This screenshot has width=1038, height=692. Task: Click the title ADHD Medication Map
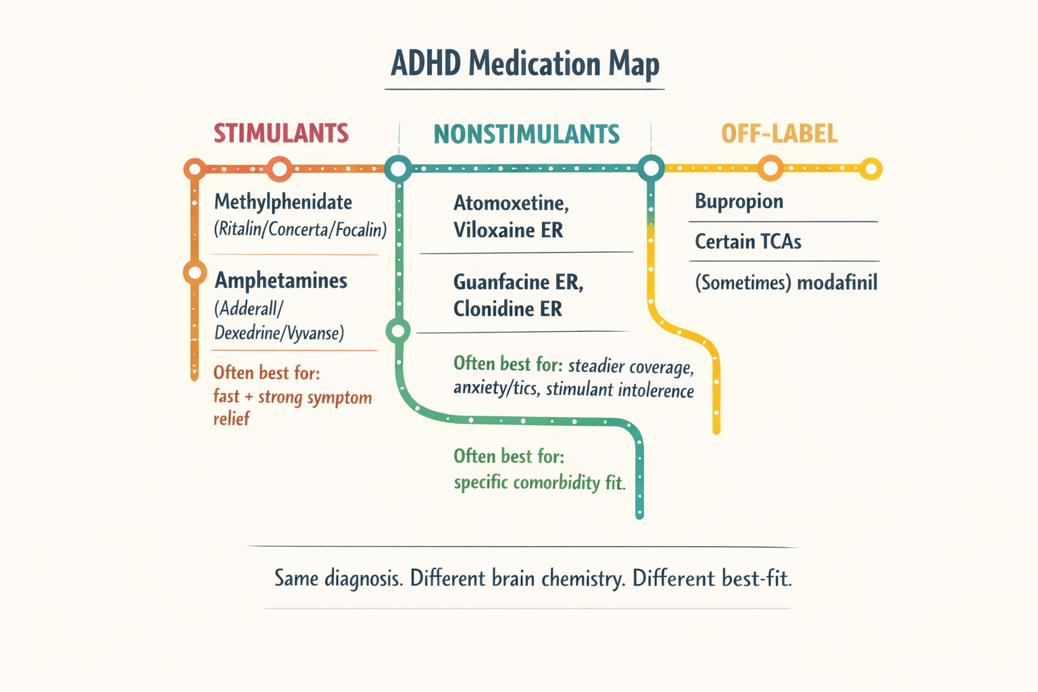pos(524,64)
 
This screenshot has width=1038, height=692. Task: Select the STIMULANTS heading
pos(281,134)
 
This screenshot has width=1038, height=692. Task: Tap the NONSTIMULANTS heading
pos(526,134)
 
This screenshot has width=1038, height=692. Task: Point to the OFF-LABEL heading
pos(779,134)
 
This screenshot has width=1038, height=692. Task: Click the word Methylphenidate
pos(283,203)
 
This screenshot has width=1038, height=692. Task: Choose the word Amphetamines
pos(281,281)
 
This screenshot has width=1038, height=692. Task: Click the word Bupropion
pos(739,202)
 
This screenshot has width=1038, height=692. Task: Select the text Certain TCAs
pos(748,241)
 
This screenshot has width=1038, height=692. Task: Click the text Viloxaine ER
pos(508,230)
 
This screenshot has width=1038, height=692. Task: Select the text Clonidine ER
pos(508,309)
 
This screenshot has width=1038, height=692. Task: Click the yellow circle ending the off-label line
pos(870,169)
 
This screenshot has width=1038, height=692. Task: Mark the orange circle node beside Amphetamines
pos(195,272)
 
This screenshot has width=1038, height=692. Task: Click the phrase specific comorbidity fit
pos(539,483)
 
